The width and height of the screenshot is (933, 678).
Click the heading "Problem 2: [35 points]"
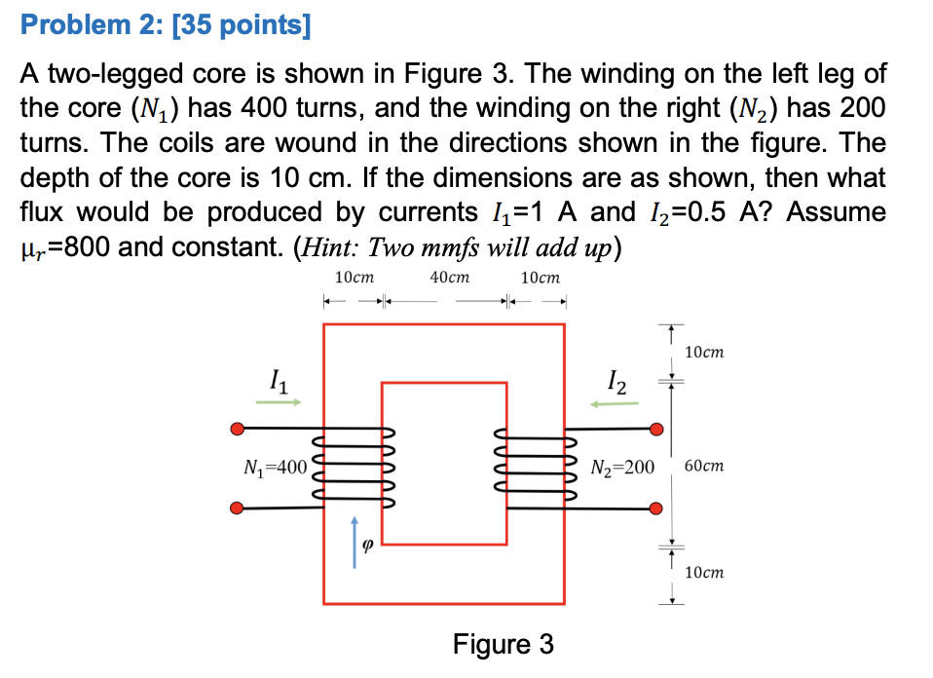(x=166, y=25)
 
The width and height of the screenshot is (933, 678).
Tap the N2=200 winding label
(x=622, y=468)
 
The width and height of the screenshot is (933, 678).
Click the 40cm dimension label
(x=449, y=278)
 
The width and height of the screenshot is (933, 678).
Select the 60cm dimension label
(x=704, y=467)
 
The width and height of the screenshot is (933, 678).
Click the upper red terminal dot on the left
(x=237, y=429)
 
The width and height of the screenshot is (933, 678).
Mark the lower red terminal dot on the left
(x=237, y=508)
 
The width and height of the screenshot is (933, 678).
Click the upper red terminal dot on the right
(x=656, y=429)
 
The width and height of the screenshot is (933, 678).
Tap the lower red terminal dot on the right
(x=656, y=508)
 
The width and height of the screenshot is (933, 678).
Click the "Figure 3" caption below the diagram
(x=504, y=644)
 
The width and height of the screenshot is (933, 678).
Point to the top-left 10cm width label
(x=354, y=278)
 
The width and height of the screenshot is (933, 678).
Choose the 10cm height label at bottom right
(x=704, y=573)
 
